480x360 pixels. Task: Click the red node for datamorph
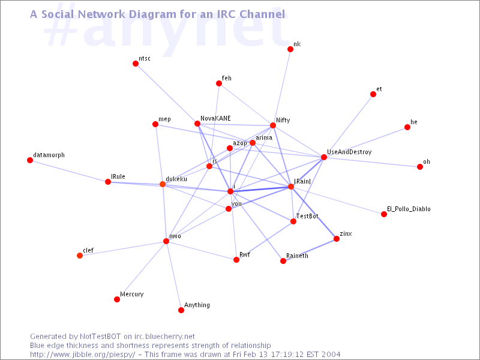coord(30,160)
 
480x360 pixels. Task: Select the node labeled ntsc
coord(136,64)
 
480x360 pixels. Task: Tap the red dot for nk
coord(290,49)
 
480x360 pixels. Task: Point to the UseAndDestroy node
coord(324,157)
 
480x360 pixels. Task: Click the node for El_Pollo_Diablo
coord(384,214)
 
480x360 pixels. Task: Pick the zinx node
coord(337,239)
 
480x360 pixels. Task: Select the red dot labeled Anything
coord(181,310)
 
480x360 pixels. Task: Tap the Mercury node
coord(117,299)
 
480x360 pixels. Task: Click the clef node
coord(80,256)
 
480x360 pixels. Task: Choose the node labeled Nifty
coord(273,125)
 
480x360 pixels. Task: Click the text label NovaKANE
coord(215,118)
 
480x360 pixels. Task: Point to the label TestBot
coord(307,216)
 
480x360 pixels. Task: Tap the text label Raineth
coord(297,256)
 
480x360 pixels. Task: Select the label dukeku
coord(176,179)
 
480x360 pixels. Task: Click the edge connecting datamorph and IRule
coord(69,171)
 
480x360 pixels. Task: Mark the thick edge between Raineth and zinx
coord(310,250)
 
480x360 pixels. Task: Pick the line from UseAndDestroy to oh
coord(372,162)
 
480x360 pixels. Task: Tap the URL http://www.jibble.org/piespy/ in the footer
coord(83,355)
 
